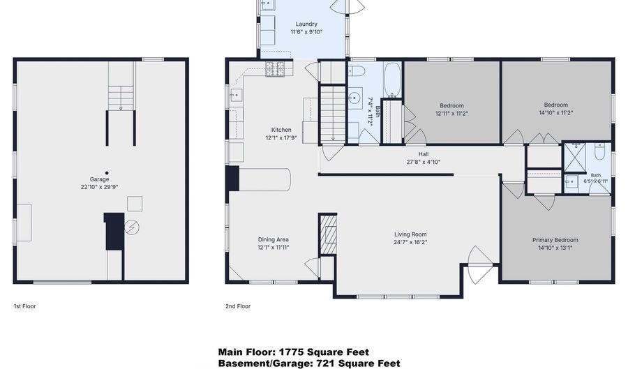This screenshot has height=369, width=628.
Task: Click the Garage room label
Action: pyautogui.click(x=99, y=179)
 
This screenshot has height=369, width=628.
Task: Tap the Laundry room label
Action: pyautogui.click(x=306, y=24)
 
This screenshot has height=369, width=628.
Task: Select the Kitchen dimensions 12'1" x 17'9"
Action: pyautogui.click(x=281, y=137)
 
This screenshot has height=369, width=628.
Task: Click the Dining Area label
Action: pyautogui.click(x=273, y=240)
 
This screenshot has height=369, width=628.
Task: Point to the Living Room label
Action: pyautogui.click(x=410, y=234)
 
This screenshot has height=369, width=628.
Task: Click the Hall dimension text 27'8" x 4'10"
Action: pyautogui.click(x=424, y=162)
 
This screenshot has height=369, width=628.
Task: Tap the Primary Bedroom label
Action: pyautogui.click(x=555, y=240)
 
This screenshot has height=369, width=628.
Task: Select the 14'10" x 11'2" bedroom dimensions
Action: pyautogui.click(x=556, y=113)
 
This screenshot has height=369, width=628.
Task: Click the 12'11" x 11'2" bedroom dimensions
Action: pyautogui.click(x=451, y=113)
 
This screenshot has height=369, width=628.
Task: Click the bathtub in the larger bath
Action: pyautogui.click(x=392, y=80)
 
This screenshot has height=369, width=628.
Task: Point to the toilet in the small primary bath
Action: pyautogui.click(x=599, y=151)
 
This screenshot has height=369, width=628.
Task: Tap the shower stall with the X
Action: pyautogui.click(x=575, y=158)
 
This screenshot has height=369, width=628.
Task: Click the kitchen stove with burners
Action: pyautogui.click(x=275, y=69)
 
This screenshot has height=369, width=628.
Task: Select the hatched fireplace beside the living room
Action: pyautogui.click(x=328, y=234)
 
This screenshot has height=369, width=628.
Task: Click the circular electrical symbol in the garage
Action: pyautogui.click(x=132, y=227)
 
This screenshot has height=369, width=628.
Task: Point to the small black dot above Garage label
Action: pyautogui.click(x=107, y=173)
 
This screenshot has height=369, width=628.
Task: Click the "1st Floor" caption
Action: pyautogui.click(x=25, y=306)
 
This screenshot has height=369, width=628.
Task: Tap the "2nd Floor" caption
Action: pyautogui.click(x=238, y=306)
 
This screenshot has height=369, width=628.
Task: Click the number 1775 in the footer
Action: pyautogui.click(x=291, y=352)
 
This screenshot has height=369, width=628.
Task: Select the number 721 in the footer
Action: pyautogui.click(x=326, y=363)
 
